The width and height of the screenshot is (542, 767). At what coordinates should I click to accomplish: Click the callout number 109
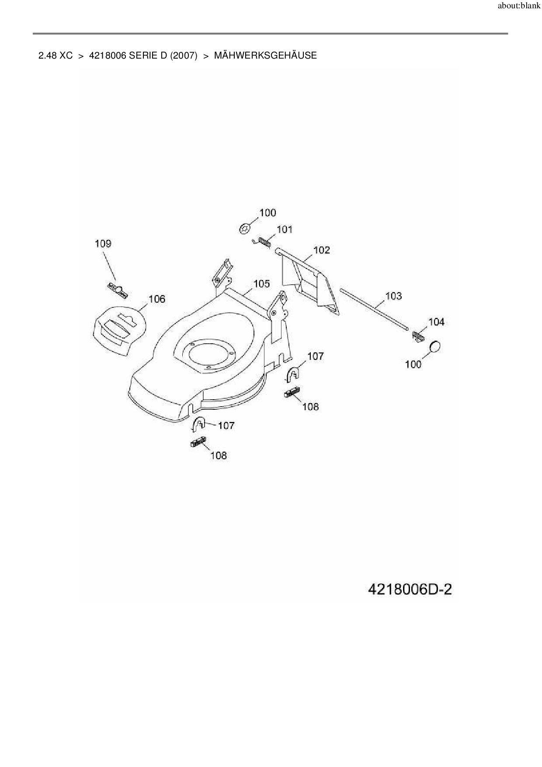click(x=103, y=244)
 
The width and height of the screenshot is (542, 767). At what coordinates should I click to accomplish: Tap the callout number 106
click(x=157, y=299)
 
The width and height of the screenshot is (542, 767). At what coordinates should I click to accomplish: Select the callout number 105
click(x=261, y=284)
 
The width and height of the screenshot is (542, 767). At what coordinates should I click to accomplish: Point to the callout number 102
click(x=322, y=250)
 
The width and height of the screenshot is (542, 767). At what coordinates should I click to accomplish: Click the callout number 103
click(x=393, y=296)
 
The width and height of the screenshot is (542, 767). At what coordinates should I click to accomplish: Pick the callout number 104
click(x=436, y=322)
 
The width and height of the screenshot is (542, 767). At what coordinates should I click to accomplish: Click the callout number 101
click(x=285, y=230)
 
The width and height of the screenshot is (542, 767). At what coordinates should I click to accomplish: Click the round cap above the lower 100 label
click(x=435, y=346)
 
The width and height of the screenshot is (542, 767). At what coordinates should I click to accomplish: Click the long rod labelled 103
click(x=374, y=308)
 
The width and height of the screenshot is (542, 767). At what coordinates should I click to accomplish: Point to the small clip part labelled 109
click(x=117, y=289)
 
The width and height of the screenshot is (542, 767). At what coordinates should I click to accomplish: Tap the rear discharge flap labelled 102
click(x=310, y=282)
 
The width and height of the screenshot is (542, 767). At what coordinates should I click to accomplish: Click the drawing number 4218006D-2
click(x=410, y=589)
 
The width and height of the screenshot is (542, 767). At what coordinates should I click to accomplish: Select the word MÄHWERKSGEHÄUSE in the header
click(x=265, y=56)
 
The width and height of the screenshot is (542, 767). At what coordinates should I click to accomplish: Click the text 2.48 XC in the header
click(x=56, y=56)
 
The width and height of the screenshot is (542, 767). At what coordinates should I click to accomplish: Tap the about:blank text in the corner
click(x=519, y=6)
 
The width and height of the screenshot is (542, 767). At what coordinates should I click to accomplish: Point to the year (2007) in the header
click(x=184, y=56)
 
